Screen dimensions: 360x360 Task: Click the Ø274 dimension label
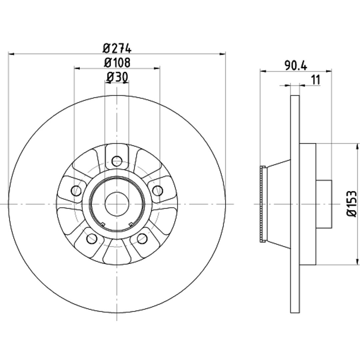tap(117, 48)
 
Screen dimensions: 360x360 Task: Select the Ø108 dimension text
tap(117, 62)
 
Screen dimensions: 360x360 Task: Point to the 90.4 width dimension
tap(296, 66)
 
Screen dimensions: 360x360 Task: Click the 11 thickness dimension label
tap(316, 80)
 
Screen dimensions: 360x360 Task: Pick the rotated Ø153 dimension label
tap(352, 204)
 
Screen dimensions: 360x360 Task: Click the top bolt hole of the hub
tap(117, 161)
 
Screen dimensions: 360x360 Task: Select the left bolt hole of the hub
tap(76, 191)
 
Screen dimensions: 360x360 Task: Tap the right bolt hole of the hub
tap(158, 191)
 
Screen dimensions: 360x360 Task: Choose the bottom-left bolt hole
tap(92, 238)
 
